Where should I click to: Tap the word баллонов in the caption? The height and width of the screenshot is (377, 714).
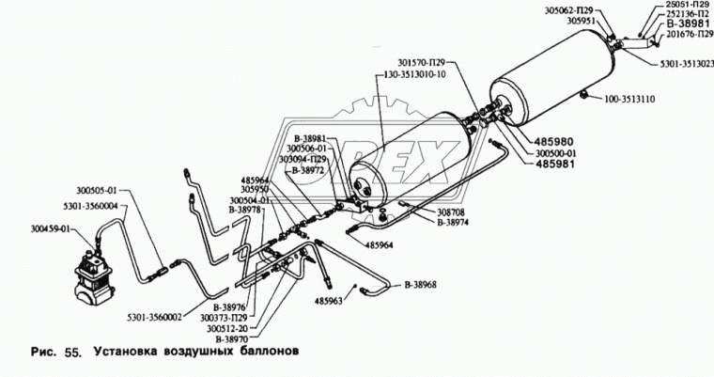click(265, 355)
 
